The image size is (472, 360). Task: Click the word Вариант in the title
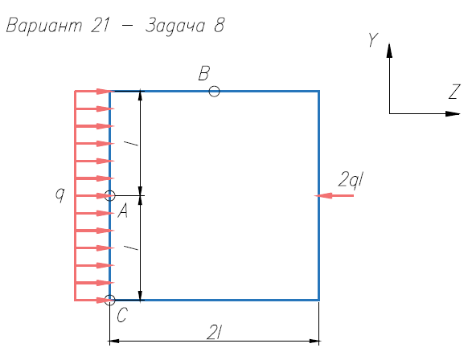pos(44,25)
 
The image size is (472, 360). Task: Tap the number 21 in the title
pos(100,25)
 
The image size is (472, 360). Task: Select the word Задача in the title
pos(175,26)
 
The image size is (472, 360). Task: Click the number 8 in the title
pos(220,25)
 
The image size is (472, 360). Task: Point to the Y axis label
pos(373,40)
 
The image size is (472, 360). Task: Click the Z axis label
pos(454,92)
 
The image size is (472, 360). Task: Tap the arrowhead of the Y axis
pos(389,51)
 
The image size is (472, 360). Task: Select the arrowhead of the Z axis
pos(453,113)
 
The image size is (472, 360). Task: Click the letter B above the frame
pos(204,73)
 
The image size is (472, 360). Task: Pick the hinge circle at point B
pos(214,86)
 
